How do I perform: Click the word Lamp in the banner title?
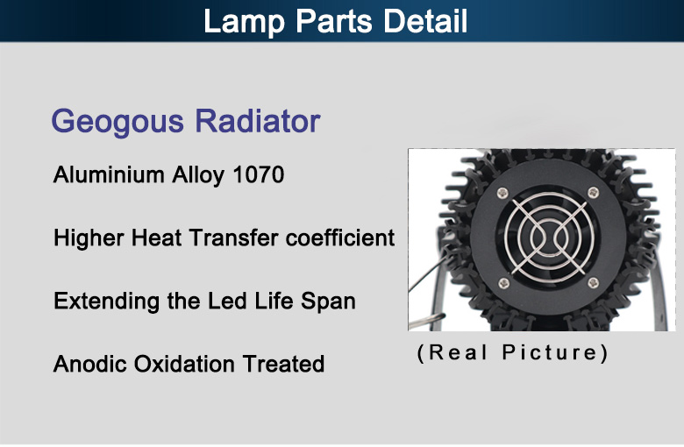point(244,22)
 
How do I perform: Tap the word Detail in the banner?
point(425,21)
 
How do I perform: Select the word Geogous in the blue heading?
point(118,122)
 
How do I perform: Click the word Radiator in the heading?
point(257,120)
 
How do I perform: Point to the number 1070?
point(258,175)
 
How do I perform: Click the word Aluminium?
point(109,175)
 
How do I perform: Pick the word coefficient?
point(340,238)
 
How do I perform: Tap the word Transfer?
point(233,238)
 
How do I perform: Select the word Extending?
point(106,302)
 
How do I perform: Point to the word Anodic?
point(89,364)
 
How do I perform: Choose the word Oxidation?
point(184,364)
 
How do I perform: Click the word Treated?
point(283,364)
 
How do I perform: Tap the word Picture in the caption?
point(554,352)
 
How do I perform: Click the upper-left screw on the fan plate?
point(503,192)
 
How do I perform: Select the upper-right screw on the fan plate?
point(594,192)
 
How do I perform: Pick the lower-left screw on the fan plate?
point(503,283)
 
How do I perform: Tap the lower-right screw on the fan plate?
point(594,283)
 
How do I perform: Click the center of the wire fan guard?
point(549,238)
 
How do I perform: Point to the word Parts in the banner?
point(334,21)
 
